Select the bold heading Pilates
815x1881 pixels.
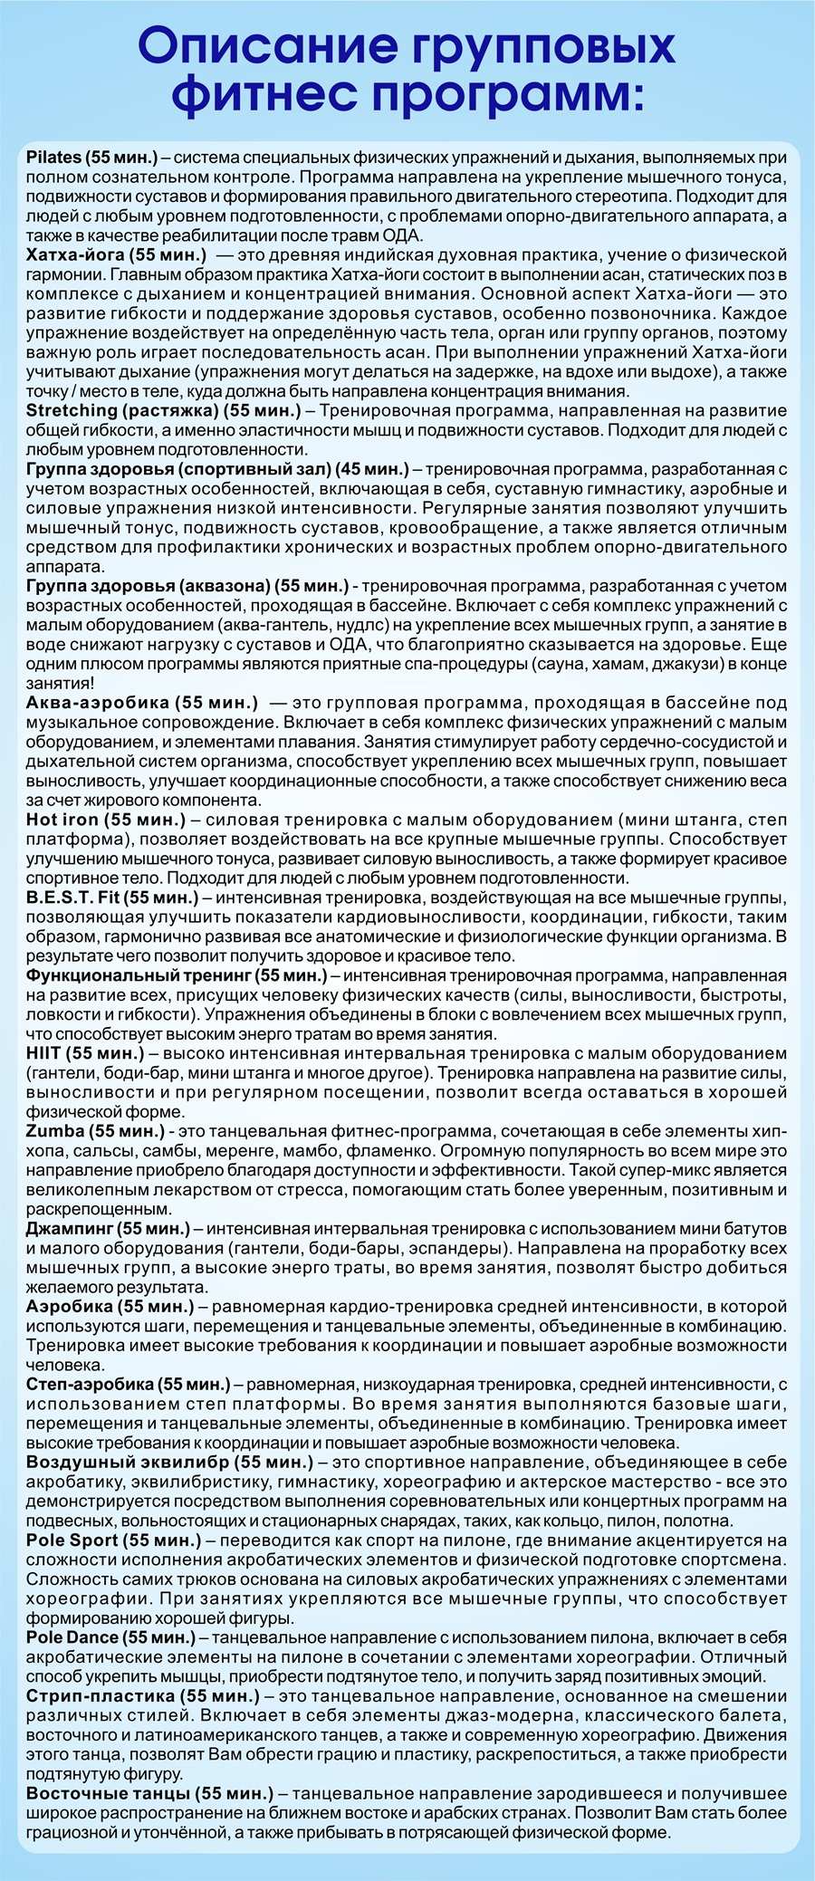pyautogui.click(x=54, y=158)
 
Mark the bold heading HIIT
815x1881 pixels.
pyautogui.click(x=46, y=1054)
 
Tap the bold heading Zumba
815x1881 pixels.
pyautogui.click(x=56, y=1132)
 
